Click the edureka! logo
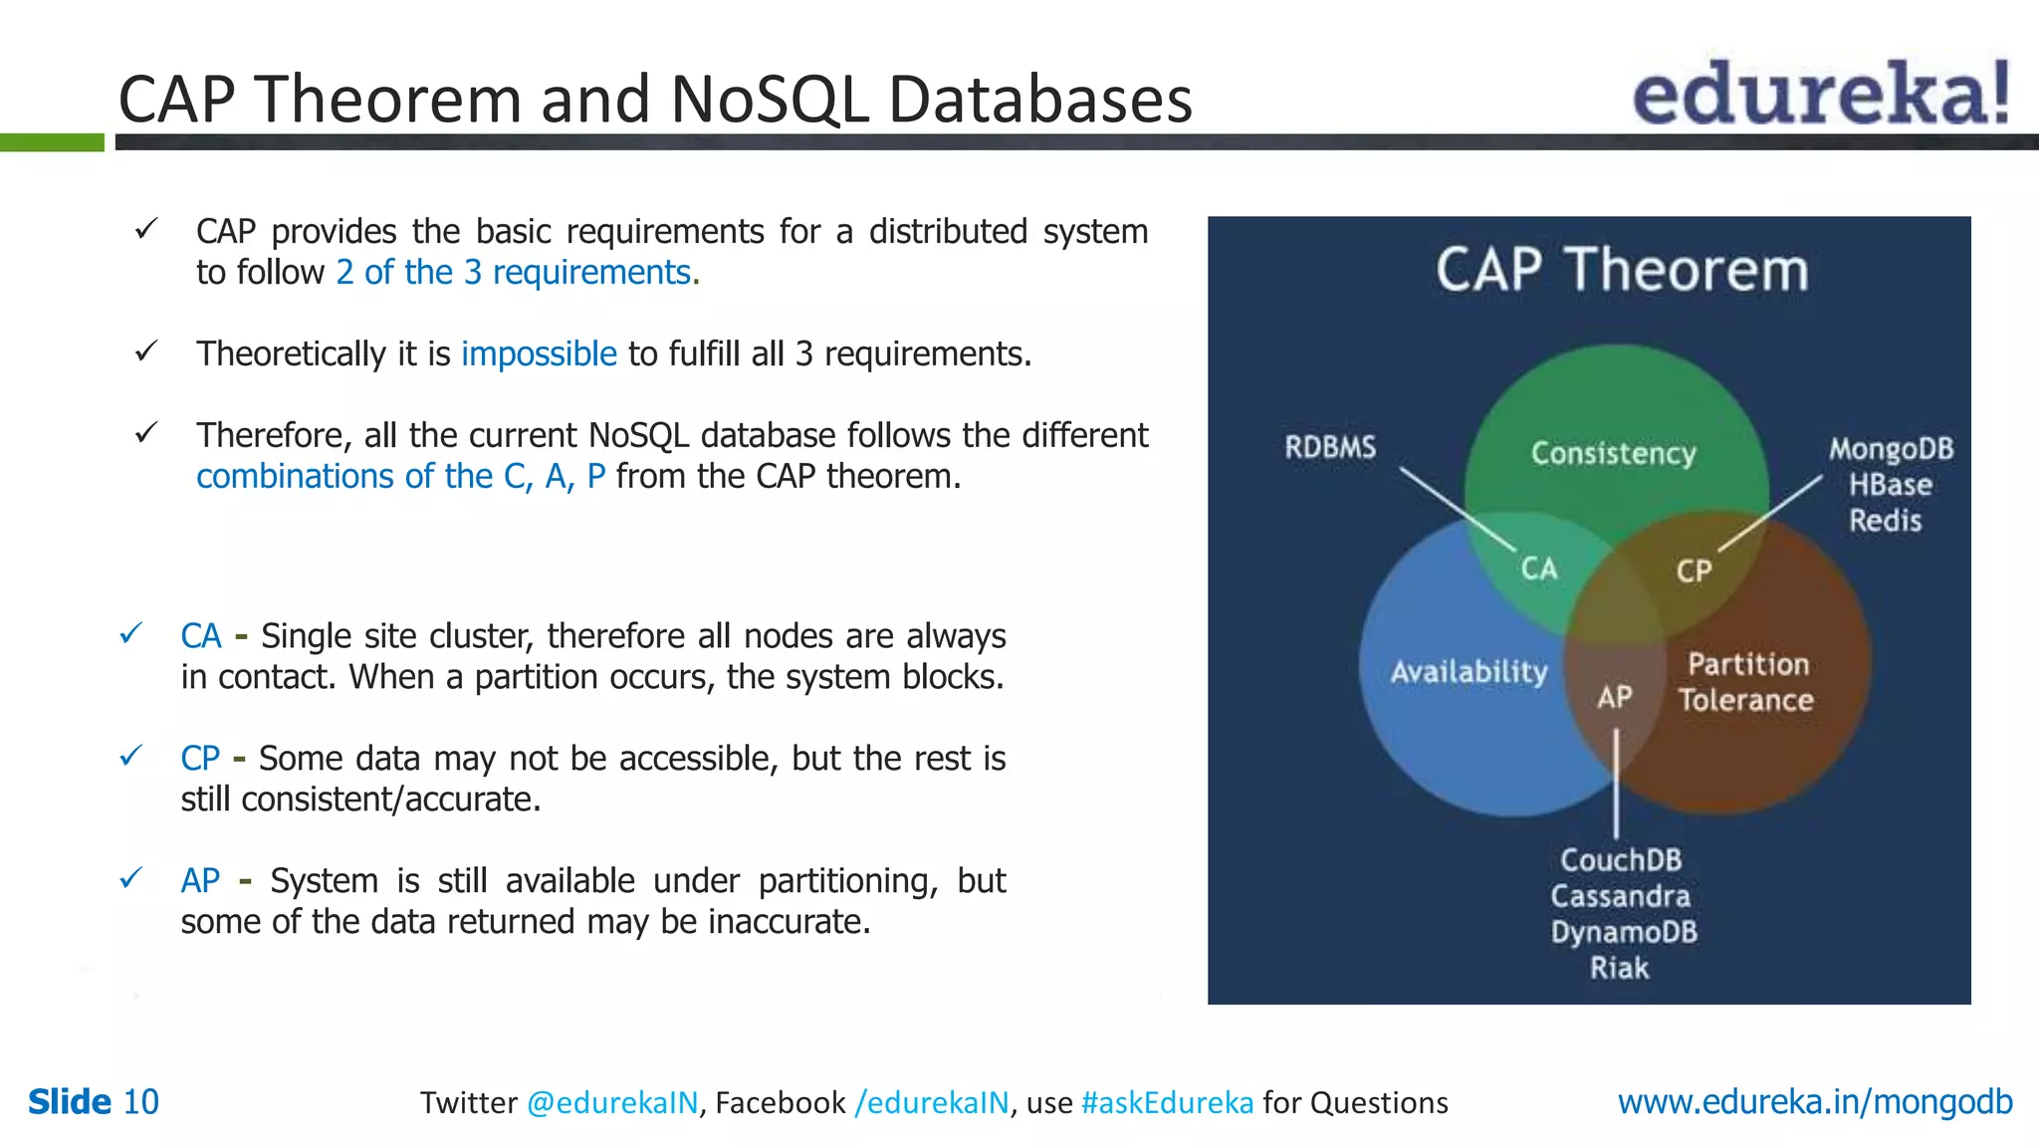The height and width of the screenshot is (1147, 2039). (x=1820, y=95)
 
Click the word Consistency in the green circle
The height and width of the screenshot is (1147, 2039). (x=1613, y=453)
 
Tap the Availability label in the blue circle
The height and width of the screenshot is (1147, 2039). (x=1469, y=672)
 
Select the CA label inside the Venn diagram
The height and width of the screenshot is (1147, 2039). (x=1538, y=569)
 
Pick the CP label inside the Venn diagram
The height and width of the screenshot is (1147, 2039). (x=1694, y=571)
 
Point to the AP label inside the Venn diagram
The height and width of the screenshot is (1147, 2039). (x=1615, y=697)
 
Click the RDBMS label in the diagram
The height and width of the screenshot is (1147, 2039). (x=1330, y=447)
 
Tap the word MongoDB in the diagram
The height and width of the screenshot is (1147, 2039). (x=1891, y=449)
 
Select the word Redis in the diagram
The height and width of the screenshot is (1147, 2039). (x=1885, y=521)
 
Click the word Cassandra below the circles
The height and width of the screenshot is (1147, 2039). (x=1620, y=896)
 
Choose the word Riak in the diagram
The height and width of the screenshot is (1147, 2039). (x=1619, y=968)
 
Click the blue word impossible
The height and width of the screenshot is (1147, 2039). (x=539, y=354)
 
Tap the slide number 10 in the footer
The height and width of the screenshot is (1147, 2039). (x=140, y=1102)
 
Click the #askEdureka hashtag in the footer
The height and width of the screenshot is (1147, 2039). (x=1167, y=1103)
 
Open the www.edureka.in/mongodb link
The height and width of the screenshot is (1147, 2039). (x=1814, y=1102)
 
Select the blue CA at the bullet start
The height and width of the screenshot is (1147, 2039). (x=201, y=636)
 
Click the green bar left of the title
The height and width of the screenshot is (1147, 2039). (x=52, y=142)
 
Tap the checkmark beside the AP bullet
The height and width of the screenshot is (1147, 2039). (x=130, y=879)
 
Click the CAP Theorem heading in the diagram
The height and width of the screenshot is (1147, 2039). (x=1621, y=270)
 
